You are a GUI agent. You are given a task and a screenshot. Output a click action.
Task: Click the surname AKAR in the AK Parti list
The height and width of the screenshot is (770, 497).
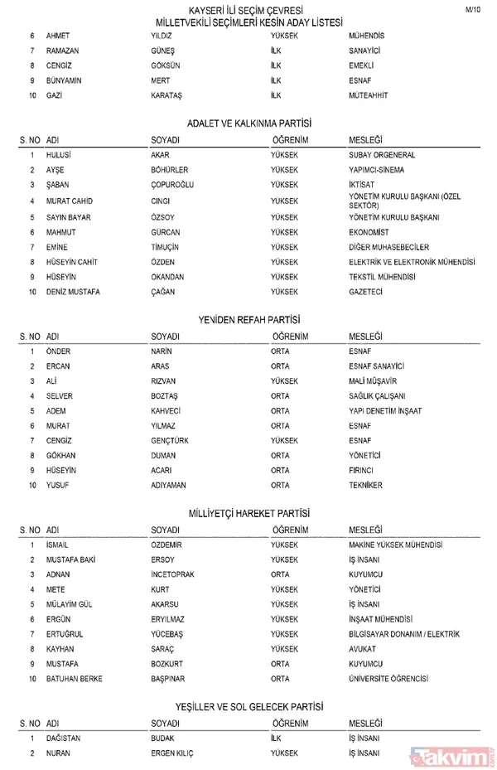(161, 155)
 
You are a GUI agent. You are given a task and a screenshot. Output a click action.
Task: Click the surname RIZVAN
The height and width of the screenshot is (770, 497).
(164, 380)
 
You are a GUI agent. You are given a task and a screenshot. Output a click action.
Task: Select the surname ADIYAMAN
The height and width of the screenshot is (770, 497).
(168, 485)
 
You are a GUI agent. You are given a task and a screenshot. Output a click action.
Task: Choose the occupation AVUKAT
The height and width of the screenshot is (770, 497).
(363, 649)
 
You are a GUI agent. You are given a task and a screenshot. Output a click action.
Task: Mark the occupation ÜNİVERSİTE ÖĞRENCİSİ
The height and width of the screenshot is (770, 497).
(388, 679)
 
